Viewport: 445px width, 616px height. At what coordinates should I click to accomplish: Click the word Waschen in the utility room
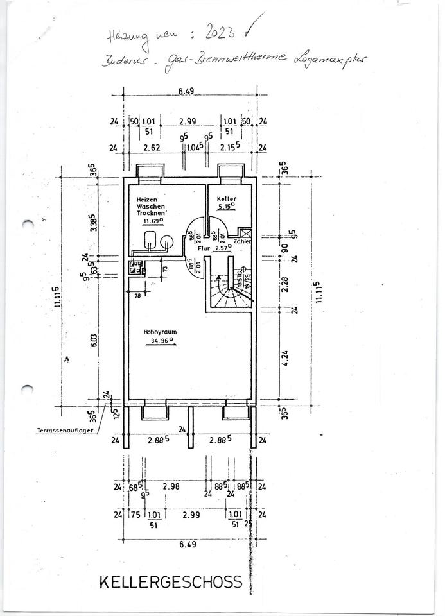pyautogui.click(x=150, y=206)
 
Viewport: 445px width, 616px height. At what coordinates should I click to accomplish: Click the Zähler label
pyautogui.click(x=242, y=241)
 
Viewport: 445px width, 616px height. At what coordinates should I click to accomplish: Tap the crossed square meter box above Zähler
pyautogui.click(x=245, y=232)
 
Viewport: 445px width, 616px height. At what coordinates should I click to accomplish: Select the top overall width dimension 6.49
pyautogui.click(x=186, y=91)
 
